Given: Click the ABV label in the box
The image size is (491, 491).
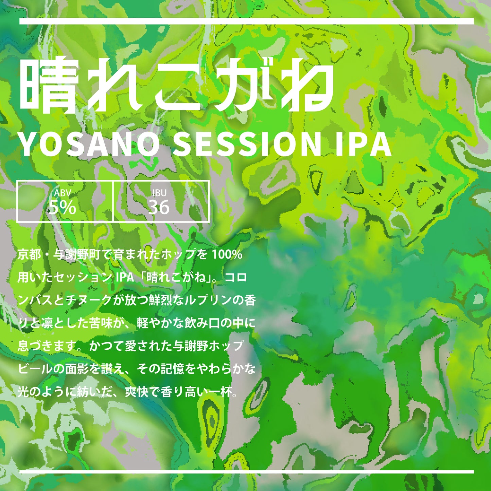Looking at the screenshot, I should point(63,193).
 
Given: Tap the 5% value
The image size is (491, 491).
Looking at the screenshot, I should point(63,207).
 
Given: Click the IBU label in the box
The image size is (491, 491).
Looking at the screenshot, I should point(159,193).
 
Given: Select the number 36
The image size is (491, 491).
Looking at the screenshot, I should point(159,207).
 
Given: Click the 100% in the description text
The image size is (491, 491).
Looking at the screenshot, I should point(227,254).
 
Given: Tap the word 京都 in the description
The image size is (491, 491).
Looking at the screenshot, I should point(29,254).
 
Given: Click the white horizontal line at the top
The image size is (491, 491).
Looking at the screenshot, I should point(246,21).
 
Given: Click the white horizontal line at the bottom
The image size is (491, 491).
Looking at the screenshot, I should point(246,472).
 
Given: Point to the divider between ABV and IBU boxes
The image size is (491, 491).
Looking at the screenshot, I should point(113,201).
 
